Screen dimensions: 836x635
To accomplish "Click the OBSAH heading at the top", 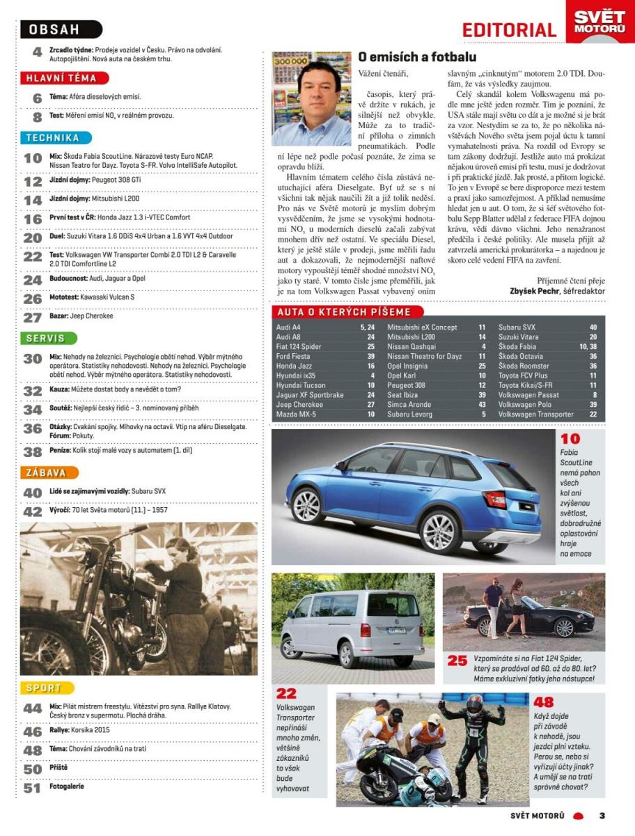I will pyautogui.click(x=61, y=29).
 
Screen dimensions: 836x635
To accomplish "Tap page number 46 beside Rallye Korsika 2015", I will pyautogui.click(x=33, y=732).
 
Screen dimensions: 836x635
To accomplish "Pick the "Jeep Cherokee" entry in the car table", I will pyautogui.click(x=299, y=404).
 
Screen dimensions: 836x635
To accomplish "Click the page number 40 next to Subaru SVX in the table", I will pyautogui.click(x=593, y=327).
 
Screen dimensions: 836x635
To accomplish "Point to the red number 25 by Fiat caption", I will pyautogui.click(x=457, y=660).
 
